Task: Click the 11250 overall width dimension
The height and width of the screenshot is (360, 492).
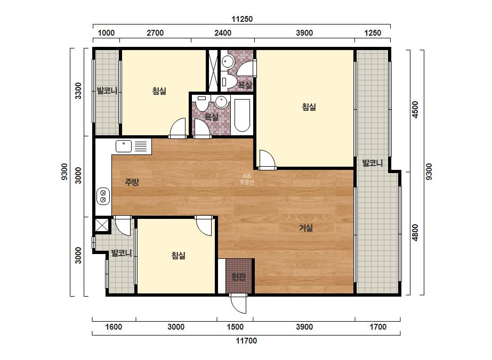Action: [242, 19]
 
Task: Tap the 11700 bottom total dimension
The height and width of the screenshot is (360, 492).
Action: [246, 340]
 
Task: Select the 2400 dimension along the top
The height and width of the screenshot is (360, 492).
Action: [223, 33]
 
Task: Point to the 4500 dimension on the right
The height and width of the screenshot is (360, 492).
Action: [415, 110]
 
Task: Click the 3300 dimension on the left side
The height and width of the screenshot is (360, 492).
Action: [78, 91]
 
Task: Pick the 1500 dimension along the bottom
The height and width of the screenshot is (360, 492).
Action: [235, 327]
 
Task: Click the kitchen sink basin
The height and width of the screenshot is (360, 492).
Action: [124, 146]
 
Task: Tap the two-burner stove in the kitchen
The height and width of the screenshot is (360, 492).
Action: [103, 196]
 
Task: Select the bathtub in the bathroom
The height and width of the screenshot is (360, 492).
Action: [242, 116]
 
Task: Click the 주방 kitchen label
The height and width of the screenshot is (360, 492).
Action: [132, 182]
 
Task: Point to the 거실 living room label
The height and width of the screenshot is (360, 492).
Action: [305, 228]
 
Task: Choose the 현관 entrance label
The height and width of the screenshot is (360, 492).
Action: [238, 276]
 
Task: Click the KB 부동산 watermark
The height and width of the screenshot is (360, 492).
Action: [247, 179]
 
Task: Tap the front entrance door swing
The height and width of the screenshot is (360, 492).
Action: [238, 304]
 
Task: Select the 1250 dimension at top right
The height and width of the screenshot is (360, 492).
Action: [373, 33]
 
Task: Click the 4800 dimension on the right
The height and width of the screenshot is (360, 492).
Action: [415, 232]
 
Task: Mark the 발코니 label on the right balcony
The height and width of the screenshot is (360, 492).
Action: [373, 163]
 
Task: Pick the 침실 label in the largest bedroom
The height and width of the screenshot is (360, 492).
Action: [309, 107]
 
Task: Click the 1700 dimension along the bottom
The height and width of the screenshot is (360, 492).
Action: [378, 327]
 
